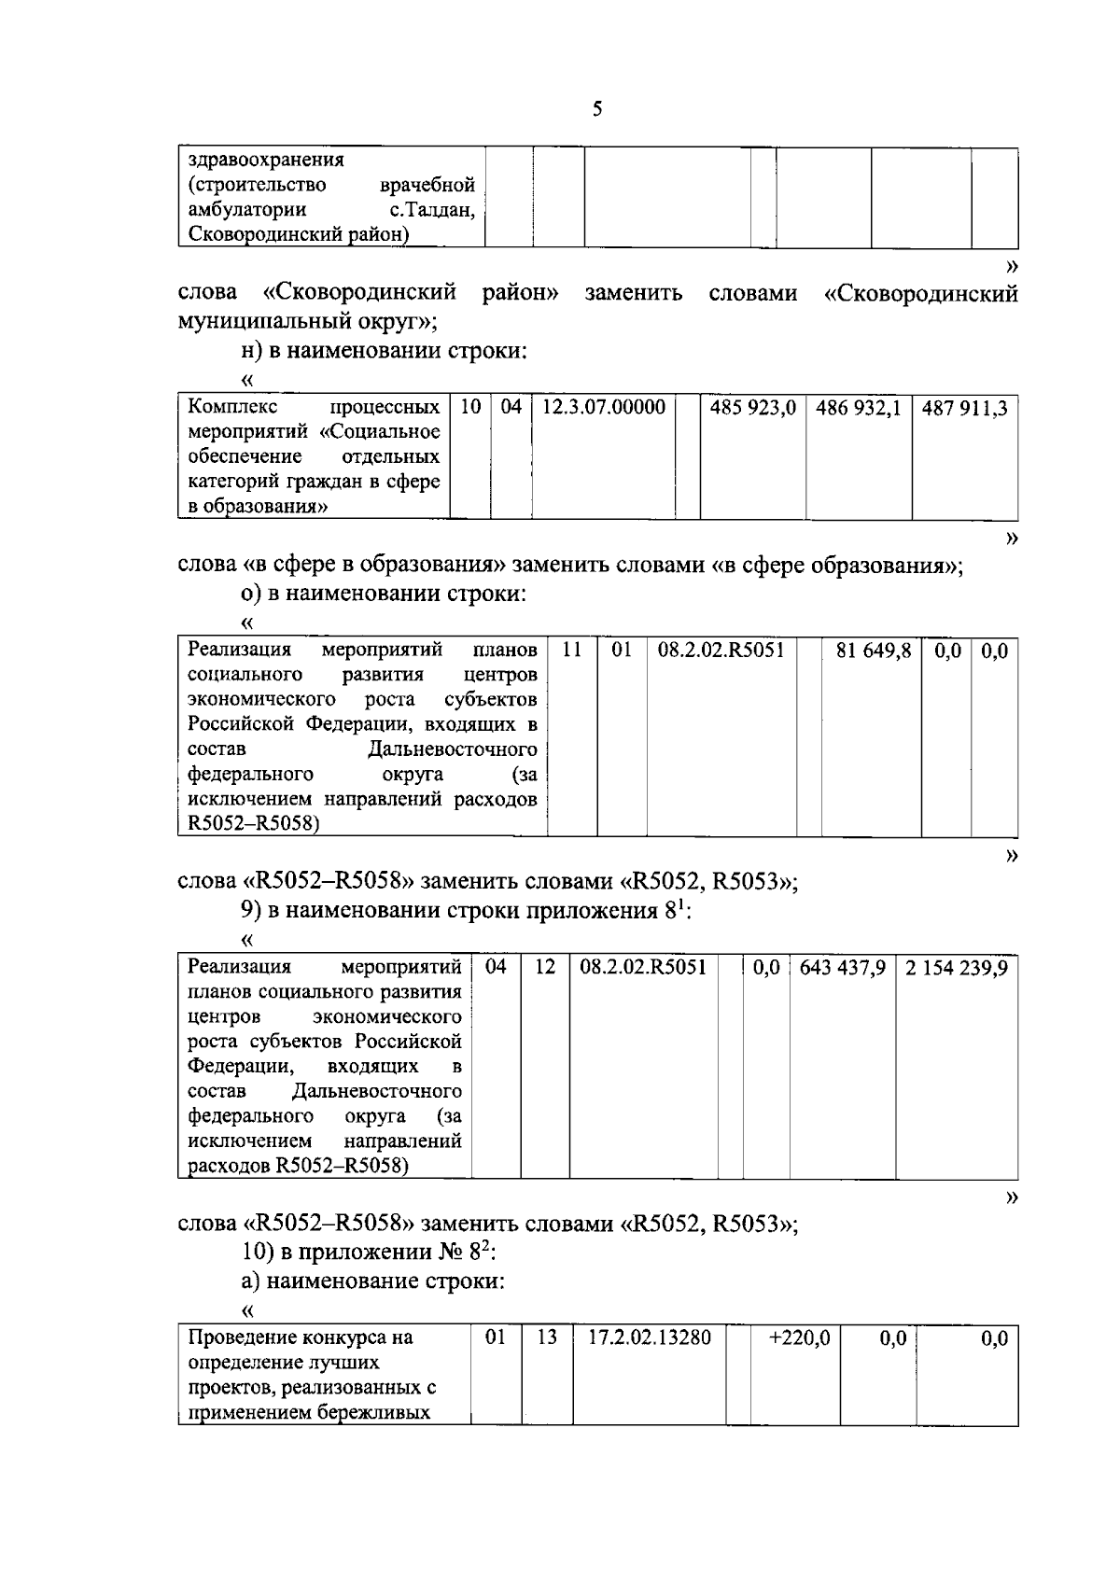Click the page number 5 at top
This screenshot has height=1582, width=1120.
point(597,110)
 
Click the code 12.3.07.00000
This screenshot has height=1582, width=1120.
point(604,408)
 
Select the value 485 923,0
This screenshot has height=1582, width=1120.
point(752,408)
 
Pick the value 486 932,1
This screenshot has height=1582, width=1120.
point(858,408)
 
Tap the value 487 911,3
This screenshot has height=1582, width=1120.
point(964,408)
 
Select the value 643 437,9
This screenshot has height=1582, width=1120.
point(842,968)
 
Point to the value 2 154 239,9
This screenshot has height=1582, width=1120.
point(956,968)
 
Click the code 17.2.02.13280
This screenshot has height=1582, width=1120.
point(650,1337)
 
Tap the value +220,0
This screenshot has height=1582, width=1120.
point(799,1337)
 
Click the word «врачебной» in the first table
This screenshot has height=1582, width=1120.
point(428,185)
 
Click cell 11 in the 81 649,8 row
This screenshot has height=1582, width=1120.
point(572,651)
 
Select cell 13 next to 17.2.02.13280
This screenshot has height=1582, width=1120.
point(546,1337)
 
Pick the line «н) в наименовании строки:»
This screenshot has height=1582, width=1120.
point(384,351)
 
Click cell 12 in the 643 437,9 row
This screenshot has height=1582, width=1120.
point(544,968)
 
